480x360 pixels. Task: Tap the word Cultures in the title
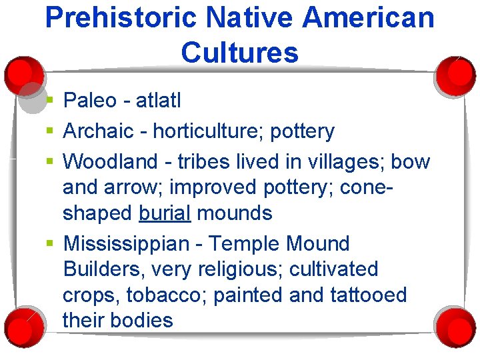(x=239, y=52)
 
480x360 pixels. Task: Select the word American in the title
(x=367, y=18)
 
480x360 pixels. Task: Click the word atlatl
(x=158, y=101)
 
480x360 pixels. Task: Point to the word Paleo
(x=90, y=101)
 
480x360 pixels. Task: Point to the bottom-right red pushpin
(x=457, y=324)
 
